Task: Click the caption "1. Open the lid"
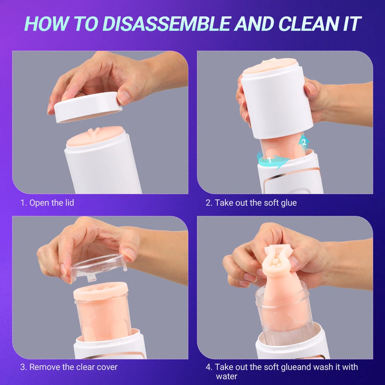click(x=47, y=203)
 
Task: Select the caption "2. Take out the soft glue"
click(x=251, y=203)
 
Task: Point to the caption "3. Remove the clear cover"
click(x=69, y=367)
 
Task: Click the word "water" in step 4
click(x=227, y=376)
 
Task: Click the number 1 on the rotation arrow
click(x=269, y=161)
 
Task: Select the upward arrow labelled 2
click(x=304, y=142)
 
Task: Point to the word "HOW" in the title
click(x=46, y=23)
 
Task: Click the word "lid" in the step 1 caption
click(x=69, y=203)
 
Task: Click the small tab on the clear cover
click(x=91, y=278)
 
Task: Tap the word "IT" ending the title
click(x=352, y=23)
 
